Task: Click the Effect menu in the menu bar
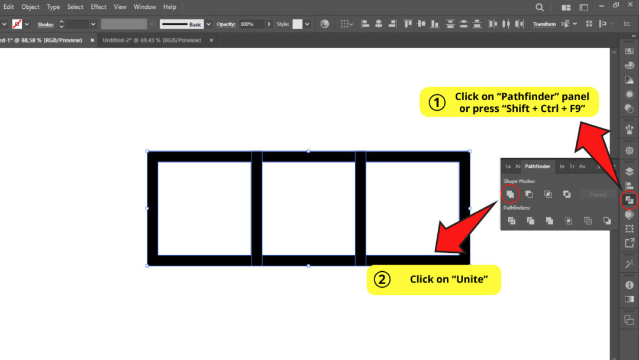coord(98,7)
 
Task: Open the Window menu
coord(144,7)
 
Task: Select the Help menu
coord(170,7)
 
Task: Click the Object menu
coord(30,7)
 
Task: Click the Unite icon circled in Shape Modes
coord(510,194)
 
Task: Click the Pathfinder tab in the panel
coord(537,166)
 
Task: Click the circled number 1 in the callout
coord(437,103)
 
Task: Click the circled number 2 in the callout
coord(382,279)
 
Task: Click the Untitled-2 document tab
coord(151,40)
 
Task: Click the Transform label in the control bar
coord(544,24)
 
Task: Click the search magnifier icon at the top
coord(540,7)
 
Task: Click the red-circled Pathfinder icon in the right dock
coord(629,201)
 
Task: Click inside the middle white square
coord(308,208)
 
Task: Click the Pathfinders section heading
coord(517,208)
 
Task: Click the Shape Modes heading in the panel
coord(519,181)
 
